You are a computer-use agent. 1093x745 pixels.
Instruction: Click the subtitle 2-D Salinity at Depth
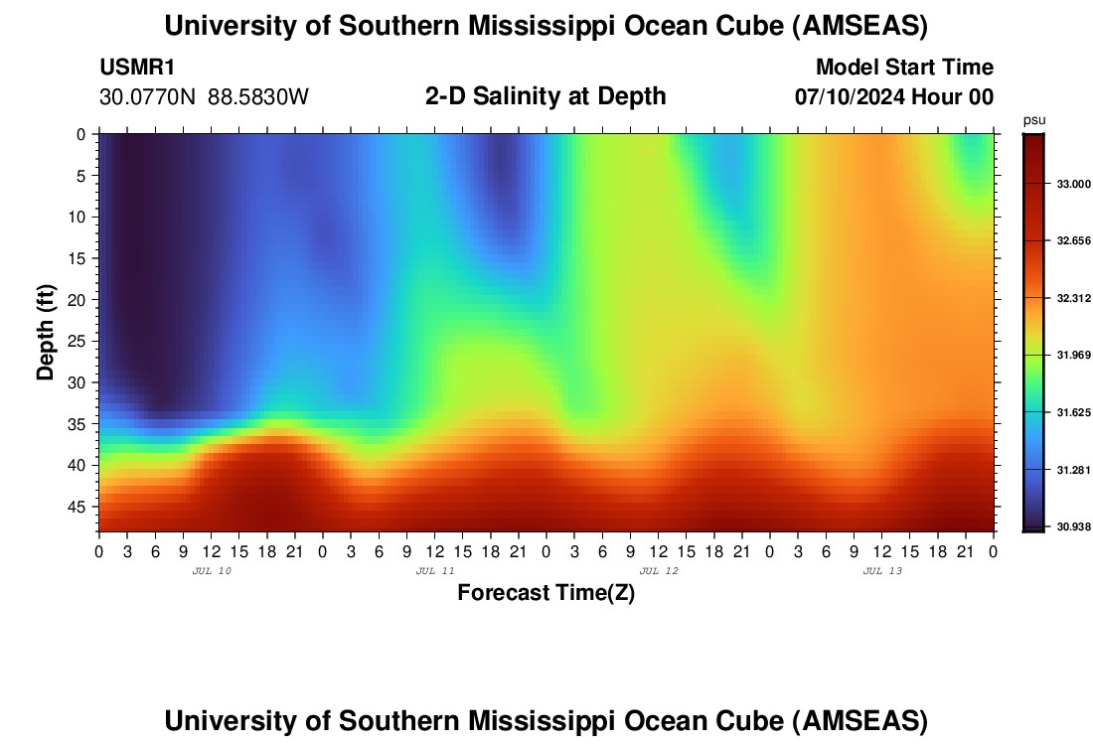pos(546,96)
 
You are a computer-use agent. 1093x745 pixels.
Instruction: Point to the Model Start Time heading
pos(904,68)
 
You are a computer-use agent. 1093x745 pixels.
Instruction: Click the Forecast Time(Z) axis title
pos(546,593)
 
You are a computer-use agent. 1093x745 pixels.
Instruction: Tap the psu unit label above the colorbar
pos(1034,120)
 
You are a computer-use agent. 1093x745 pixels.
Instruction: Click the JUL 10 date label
pos(211,571)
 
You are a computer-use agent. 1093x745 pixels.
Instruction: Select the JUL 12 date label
pos(659,571)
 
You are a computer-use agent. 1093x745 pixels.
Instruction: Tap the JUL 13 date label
pos(882,571)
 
